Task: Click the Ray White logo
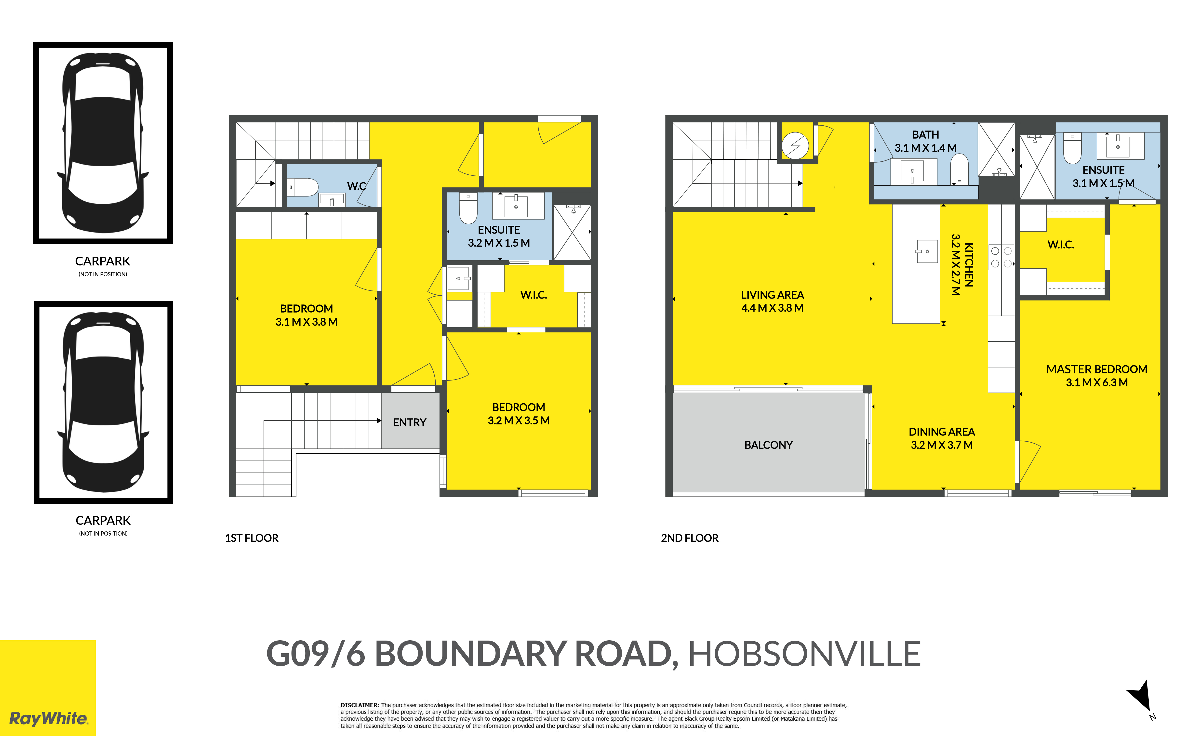pos(48,719)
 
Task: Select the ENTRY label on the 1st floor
pos(410,422)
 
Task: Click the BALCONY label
pos(768,445)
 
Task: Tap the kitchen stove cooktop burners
pos(1001,257)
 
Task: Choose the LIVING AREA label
pos(772,295)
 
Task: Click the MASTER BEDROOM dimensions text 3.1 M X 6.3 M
pos(1096,383)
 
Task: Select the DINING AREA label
pos(942,432)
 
